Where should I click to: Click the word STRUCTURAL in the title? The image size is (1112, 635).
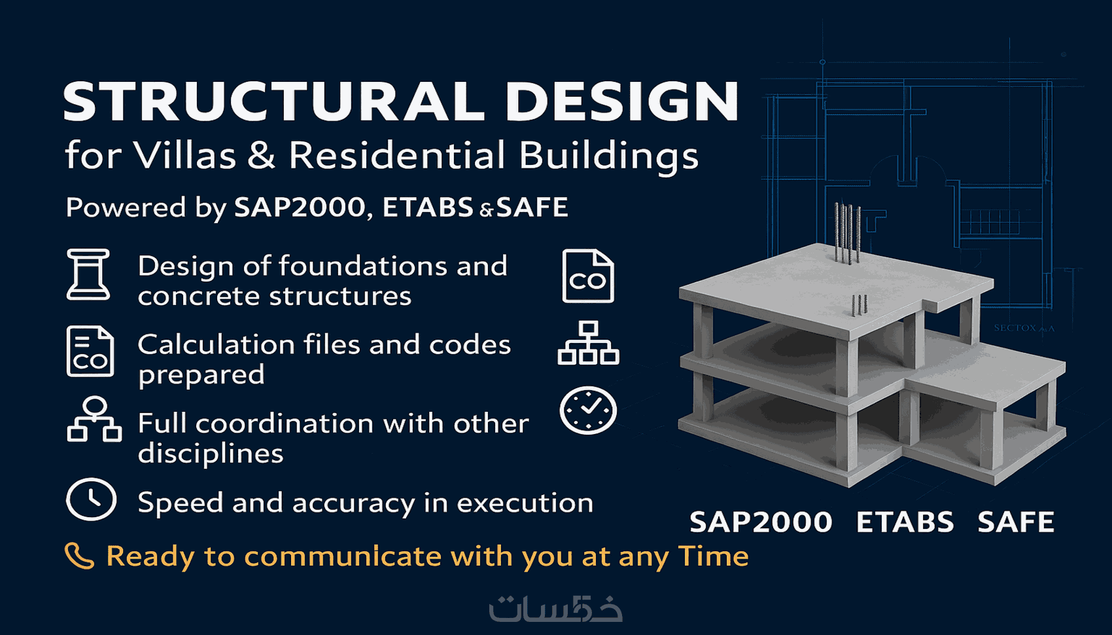pos(273,101)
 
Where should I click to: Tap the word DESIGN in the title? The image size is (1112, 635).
pos(622,101)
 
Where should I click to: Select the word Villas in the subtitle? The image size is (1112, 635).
pos(184,155)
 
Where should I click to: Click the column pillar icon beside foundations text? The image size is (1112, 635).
pos(88,274)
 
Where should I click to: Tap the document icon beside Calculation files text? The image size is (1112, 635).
pos(90,351)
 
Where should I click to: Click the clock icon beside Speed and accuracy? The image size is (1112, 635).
pos(92,499)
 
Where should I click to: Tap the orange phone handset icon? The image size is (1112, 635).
pos(79,556)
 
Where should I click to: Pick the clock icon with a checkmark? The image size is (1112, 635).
pos(588,410)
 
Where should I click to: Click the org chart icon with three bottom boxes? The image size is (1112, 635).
pos(588,343)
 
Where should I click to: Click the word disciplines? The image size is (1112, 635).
pos(211,453)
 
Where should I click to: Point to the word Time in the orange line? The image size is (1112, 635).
pos(713,556)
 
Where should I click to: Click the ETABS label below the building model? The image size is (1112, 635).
pos(905,522)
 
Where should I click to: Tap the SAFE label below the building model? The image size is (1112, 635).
pos(1016,522)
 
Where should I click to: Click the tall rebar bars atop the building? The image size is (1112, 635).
pos(847,232)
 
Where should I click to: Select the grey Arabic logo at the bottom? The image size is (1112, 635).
pos(555,608)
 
